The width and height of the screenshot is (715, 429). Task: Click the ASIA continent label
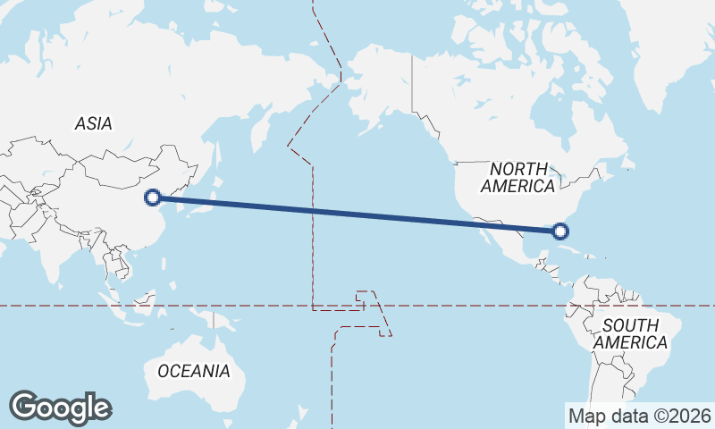(x=94, y=124)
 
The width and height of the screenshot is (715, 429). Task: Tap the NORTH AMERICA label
(x=517, y=178)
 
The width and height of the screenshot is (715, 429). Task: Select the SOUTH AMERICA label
(x=630, y=333)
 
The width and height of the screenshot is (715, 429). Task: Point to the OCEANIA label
(x=194, y=370)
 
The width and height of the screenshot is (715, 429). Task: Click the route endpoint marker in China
(x=153, y=198)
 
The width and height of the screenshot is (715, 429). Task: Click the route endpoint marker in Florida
(x=560, y=231)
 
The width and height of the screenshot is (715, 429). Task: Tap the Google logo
(x=60, y=408)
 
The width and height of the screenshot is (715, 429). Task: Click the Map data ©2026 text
(x=640, y=416)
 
